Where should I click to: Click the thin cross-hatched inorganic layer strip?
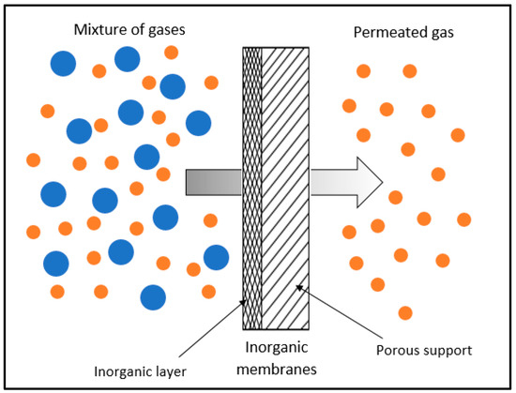[251, 188]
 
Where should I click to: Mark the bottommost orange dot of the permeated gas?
[405, 312]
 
